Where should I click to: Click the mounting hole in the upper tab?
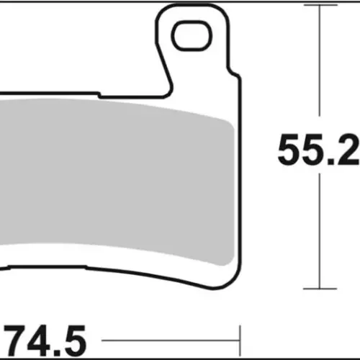pyautogui.click(x=192, y=36)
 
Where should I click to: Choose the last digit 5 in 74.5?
pyautogui.click(x=74, y=341)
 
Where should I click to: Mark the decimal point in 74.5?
pyautogui.click(x=57, y=352)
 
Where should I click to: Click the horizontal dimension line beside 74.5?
pyautogui.click(x=171, y=341)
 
